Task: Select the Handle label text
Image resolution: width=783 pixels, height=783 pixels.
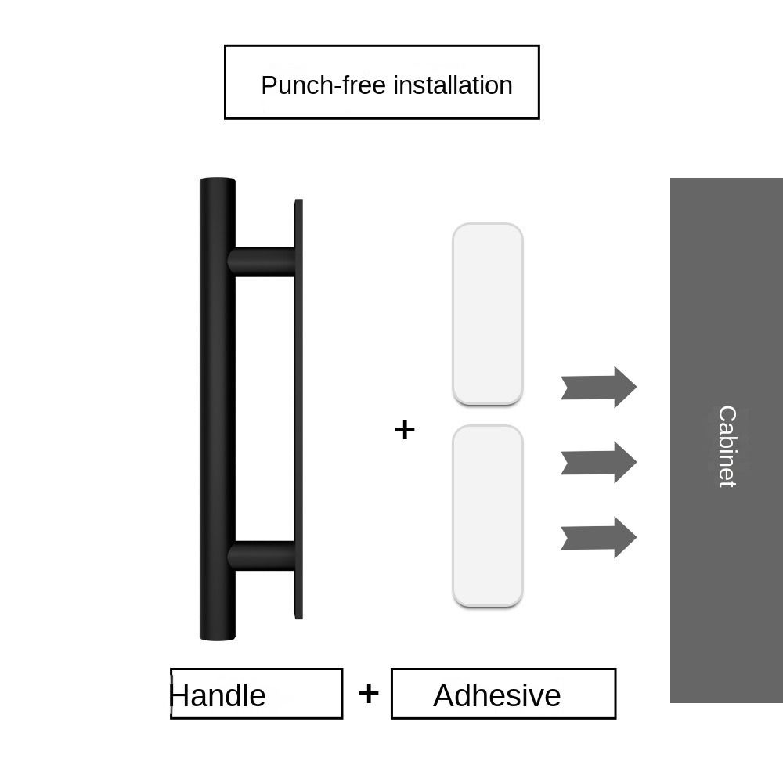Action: (218, 695)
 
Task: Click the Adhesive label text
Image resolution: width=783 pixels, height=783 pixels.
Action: (496, 695)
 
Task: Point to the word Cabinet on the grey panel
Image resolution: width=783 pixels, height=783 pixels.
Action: (727, 446)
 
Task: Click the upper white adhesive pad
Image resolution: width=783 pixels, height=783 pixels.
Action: (487, 313)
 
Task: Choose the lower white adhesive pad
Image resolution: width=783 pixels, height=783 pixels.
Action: (487, 515)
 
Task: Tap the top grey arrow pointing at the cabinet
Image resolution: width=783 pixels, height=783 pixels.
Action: (599, 387)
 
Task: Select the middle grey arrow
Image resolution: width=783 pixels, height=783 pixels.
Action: (599, 462)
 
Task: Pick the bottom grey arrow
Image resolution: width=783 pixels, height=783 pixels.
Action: (599, 537)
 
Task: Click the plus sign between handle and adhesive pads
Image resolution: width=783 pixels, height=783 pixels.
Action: (405, 429)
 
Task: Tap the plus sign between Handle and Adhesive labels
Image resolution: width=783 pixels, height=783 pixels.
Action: (368, 693)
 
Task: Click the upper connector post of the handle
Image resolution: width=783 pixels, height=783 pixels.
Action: (262, 262)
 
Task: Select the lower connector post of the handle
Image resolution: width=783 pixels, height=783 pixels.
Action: (262, 555)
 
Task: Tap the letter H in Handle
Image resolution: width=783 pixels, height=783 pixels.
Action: (179, 695)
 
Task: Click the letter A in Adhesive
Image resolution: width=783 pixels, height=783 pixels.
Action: (444, 695)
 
